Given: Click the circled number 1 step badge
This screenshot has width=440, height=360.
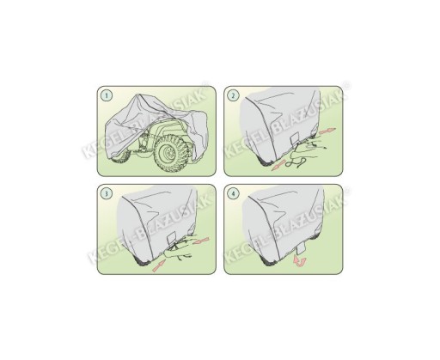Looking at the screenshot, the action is [x=107, y=95].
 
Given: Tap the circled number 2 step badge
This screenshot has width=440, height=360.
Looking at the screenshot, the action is [x=233, y=95].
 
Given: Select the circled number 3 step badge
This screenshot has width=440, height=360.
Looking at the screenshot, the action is [x=107, y=193].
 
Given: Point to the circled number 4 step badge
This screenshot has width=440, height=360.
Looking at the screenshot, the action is [x=233, y=193].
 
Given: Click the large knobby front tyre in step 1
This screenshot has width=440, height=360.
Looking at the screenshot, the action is [x=171, y=153].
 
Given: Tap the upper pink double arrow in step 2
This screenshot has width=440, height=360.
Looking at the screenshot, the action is [x=327, y=131].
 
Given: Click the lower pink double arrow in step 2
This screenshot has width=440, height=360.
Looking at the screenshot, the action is [x=278, y=165].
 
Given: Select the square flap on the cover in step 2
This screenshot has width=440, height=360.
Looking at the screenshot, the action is [x=295, y=139].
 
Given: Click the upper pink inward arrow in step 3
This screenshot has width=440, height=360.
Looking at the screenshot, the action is [x=201, y=241].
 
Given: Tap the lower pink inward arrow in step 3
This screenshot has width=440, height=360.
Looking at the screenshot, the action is [x=159, y=265].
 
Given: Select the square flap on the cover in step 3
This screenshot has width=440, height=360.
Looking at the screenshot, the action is [x=172, y=239].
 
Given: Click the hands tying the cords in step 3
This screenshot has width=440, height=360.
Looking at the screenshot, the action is [x=179, y=248].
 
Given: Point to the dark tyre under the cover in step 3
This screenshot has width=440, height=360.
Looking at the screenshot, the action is [x=143, y=262].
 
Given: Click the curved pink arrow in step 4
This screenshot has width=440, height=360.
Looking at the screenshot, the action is [x=300, y=261].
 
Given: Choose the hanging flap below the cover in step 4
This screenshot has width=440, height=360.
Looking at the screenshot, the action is [x=302, y=248].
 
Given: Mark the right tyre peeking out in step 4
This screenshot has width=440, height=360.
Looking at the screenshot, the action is [x=316, y=235].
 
